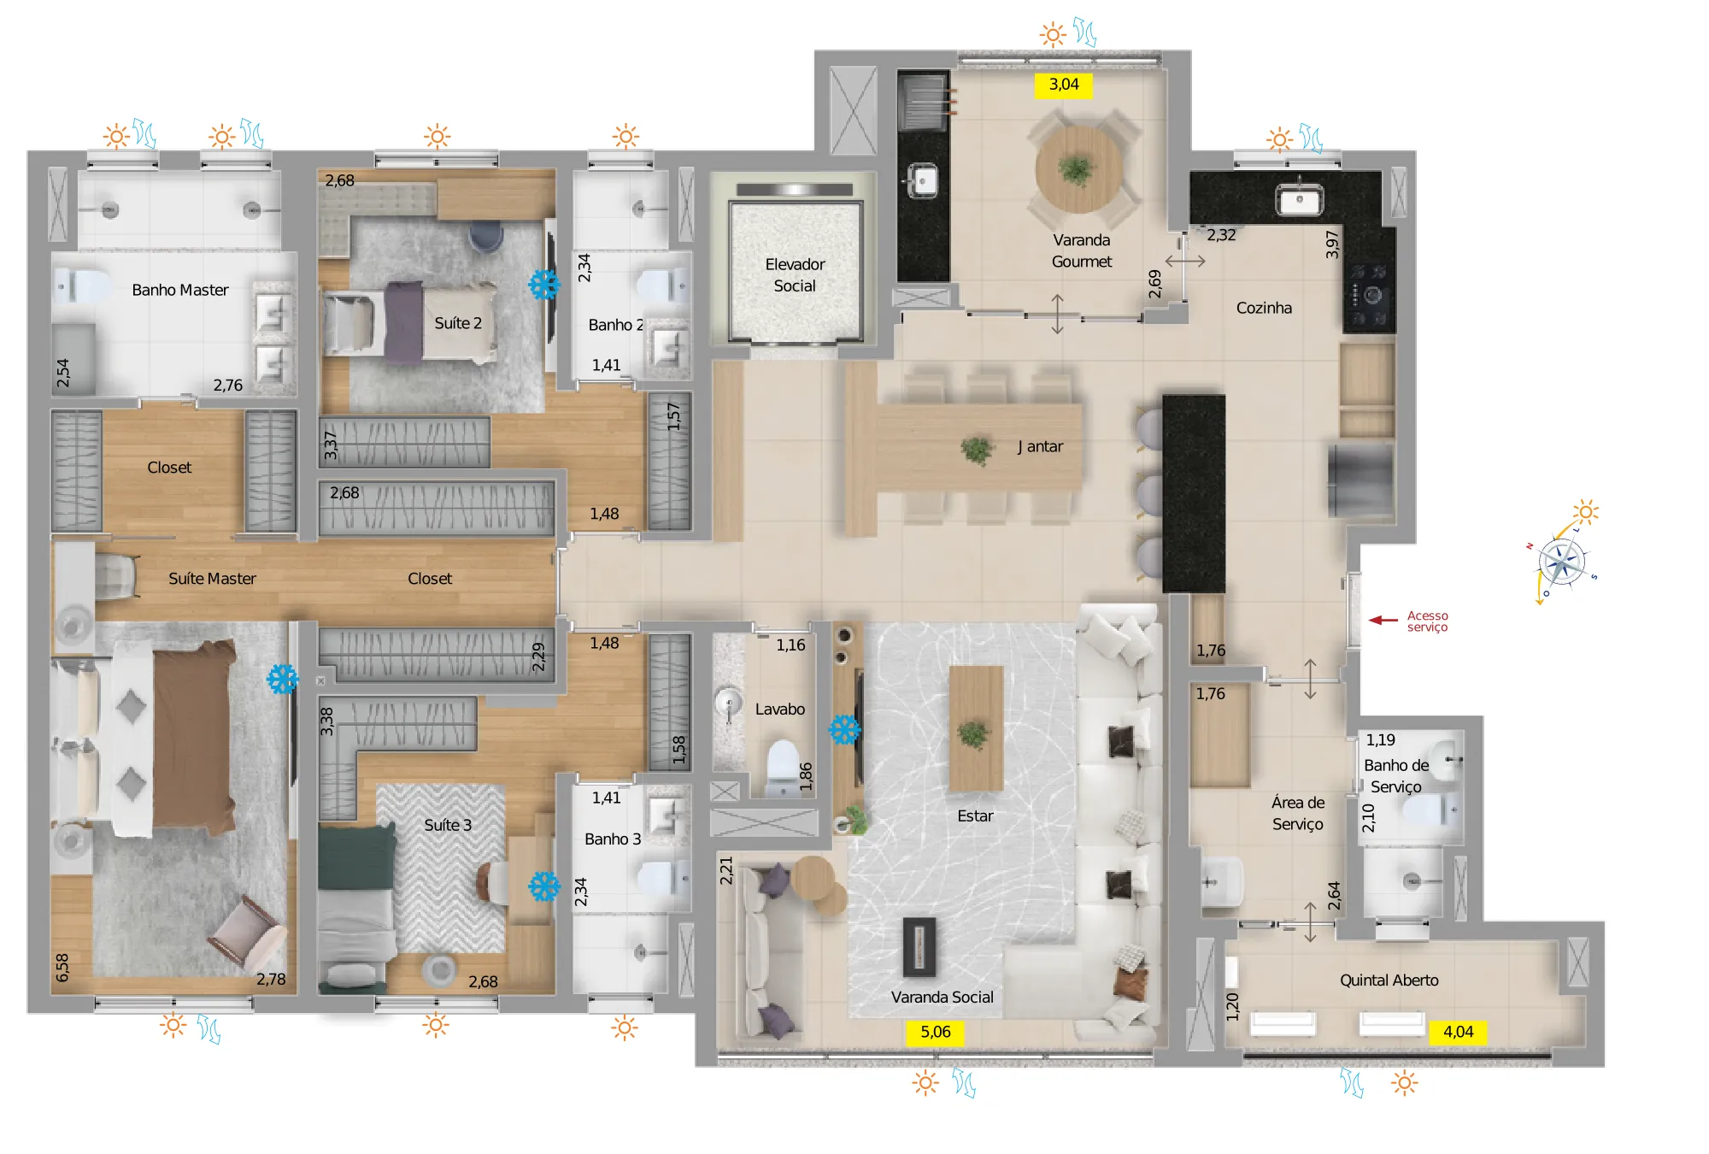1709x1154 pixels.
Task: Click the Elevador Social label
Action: [795, 275]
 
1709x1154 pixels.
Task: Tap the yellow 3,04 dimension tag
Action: [1064, 85]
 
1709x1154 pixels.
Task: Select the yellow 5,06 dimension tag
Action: [936, 1033]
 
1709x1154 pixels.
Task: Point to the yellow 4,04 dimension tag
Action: [1458, 1033]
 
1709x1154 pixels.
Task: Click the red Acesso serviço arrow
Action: [1383, 620]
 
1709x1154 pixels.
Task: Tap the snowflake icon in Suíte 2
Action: [544, 285]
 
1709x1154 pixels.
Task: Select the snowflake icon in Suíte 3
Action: [544, 886]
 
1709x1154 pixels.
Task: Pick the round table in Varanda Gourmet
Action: [1078, 169]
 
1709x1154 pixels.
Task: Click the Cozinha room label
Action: [1264, 308]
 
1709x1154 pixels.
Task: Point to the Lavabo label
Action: [779, 709]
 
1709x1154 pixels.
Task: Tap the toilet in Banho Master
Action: [82, 286]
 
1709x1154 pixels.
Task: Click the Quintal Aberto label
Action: [1389, 980]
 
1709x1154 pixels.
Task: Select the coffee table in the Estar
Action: [976, 728]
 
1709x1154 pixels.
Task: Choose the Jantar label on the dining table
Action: [1040, 446]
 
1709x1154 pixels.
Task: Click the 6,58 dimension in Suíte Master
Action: [62, 968]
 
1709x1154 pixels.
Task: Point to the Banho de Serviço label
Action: [1396, 776]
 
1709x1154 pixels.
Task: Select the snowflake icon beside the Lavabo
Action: [845, 730]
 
